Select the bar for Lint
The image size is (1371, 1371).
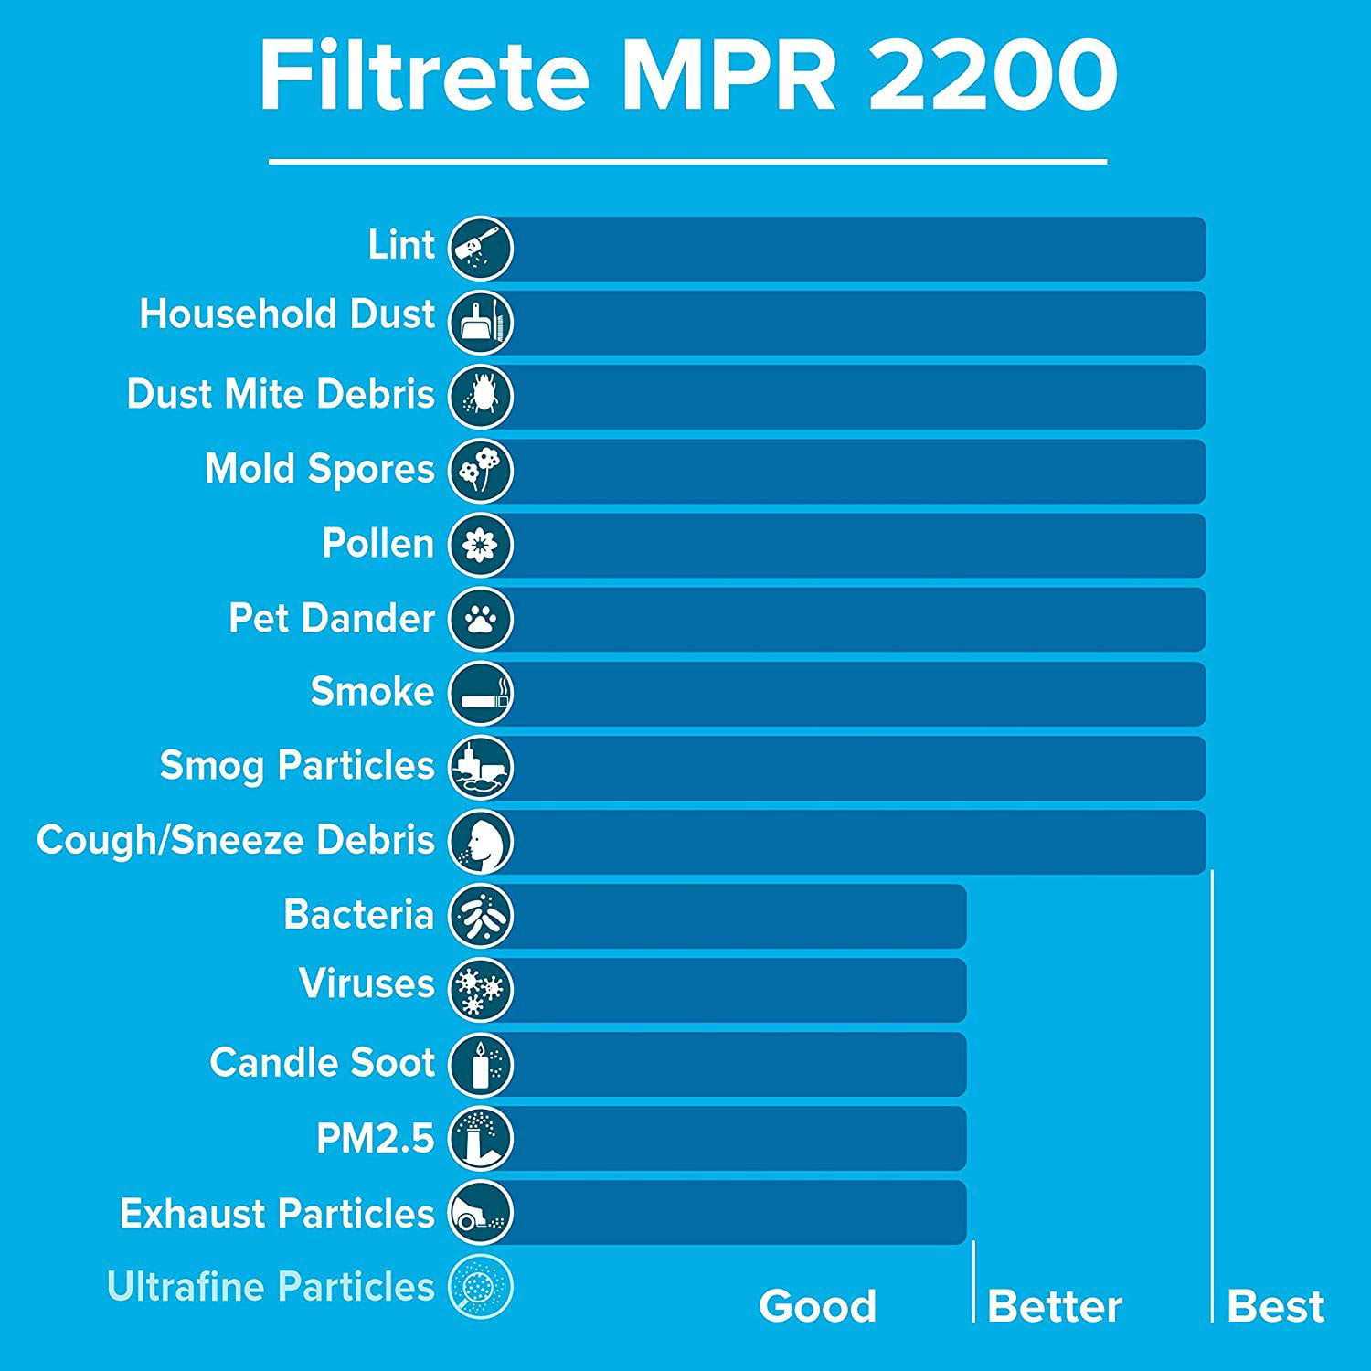(859, 249)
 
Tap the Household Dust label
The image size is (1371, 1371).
(287, 314)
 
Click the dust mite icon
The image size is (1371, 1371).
(481, 397)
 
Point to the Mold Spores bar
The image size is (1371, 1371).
(859, 471)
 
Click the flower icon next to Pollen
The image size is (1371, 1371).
(481, 545)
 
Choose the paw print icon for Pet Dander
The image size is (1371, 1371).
(481, 620)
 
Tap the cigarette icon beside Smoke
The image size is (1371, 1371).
(481, 694)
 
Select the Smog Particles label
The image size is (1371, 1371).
(297, 766)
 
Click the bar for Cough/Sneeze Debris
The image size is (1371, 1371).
(859, 842)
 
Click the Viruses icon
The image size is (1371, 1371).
(481, 990)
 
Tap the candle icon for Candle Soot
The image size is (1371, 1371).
(481, 1064)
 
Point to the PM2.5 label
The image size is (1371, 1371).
(375, 1139)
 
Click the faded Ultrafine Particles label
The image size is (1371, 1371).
(271, 1287)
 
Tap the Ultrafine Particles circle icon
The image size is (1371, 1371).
(481, 1287)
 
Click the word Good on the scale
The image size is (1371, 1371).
(817, 1306)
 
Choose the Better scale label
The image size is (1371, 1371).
(1055, 1306)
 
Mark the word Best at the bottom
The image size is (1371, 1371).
(1276, 1306)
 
